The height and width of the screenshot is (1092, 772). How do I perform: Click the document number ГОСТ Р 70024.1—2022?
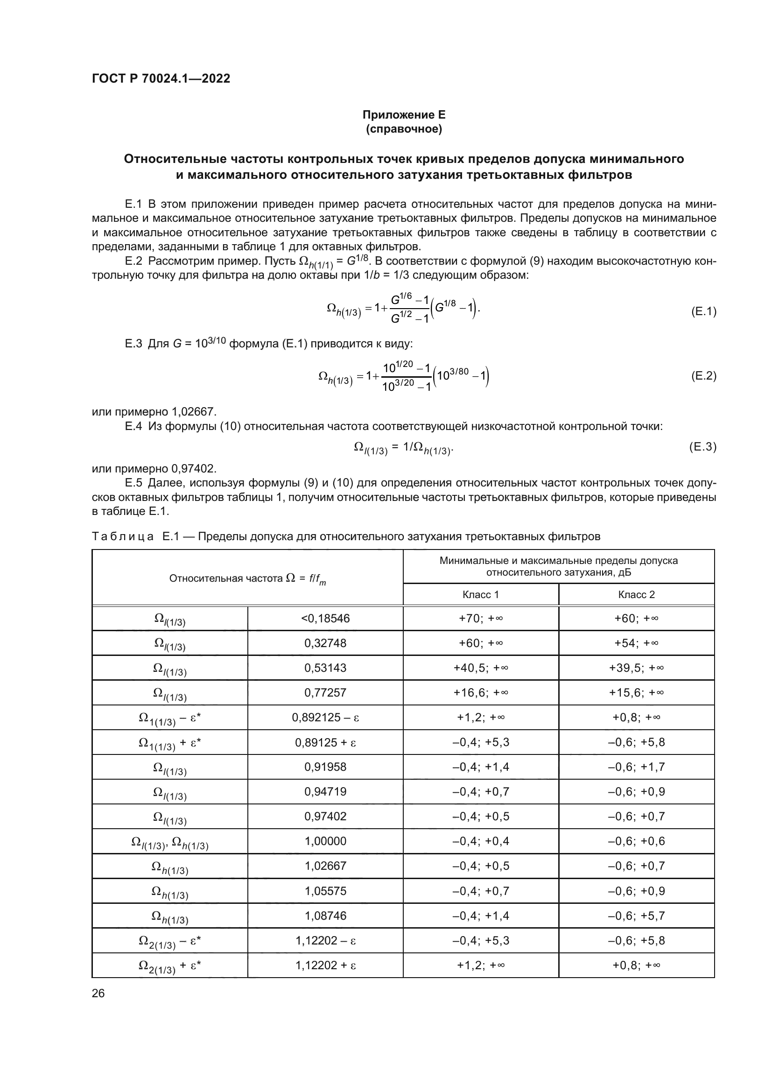coord(161,78)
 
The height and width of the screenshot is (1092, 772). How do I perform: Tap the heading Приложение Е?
coord(404,115)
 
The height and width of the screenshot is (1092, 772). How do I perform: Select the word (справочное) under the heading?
coord(404,129)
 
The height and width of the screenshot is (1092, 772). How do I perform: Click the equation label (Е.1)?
coord(703,311)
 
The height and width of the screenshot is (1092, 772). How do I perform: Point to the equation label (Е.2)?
coord(703,376)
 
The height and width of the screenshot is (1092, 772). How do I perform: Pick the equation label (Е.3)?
coord(702,447)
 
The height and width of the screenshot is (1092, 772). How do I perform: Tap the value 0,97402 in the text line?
coord(195,468)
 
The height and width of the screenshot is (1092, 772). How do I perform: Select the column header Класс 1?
coord(481,594)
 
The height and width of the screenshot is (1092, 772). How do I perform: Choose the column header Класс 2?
coord(637,594)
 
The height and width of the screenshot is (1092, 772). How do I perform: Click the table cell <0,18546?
coord(325,618)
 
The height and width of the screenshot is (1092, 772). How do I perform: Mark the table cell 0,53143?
coord(325,668)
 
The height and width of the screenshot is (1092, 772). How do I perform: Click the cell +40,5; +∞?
coord(481,668)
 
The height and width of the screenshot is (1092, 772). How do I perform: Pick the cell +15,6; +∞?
coord(637,692)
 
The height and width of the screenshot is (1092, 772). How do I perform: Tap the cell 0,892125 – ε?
coord(325,717)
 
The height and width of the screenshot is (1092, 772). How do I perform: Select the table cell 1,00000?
coord(325,841)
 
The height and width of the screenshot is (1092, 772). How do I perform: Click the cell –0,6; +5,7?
coord(637,916)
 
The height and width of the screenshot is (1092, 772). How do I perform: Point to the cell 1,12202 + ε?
coord(325,965)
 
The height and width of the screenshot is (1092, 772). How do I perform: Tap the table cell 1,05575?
coord(325,891)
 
